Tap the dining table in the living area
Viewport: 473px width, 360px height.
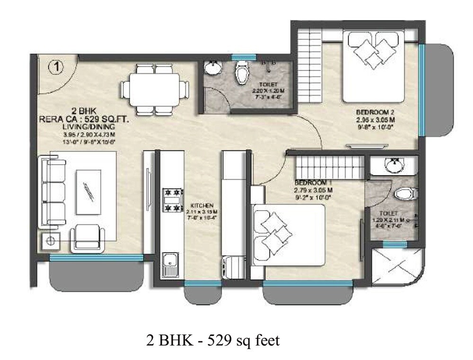[152, 89]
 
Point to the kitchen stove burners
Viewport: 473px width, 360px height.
[173, 200]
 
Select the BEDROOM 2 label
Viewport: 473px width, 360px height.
[375, 112]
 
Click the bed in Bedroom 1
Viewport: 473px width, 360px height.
[289, 235]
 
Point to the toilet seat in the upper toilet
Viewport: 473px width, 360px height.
[242, 73]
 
